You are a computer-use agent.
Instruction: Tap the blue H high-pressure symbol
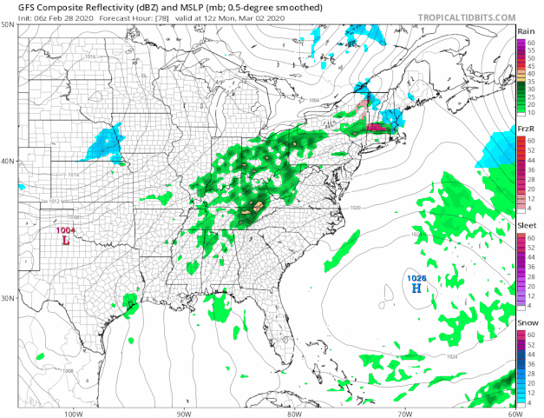pos(416,287)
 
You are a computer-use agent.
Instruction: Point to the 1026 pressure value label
pos(416,277)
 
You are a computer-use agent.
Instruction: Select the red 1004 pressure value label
pos(66,230)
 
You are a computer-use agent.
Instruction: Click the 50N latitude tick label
pos(7,24)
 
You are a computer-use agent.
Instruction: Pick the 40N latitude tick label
pos(7,161)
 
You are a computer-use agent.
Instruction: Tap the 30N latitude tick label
pos(7,298)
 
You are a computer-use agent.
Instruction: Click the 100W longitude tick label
pos(72,413)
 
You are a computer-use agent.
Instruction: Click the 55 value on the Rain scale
pos(531,50)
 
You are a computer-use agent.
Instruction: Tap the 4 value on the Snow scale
pos(531,402)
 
